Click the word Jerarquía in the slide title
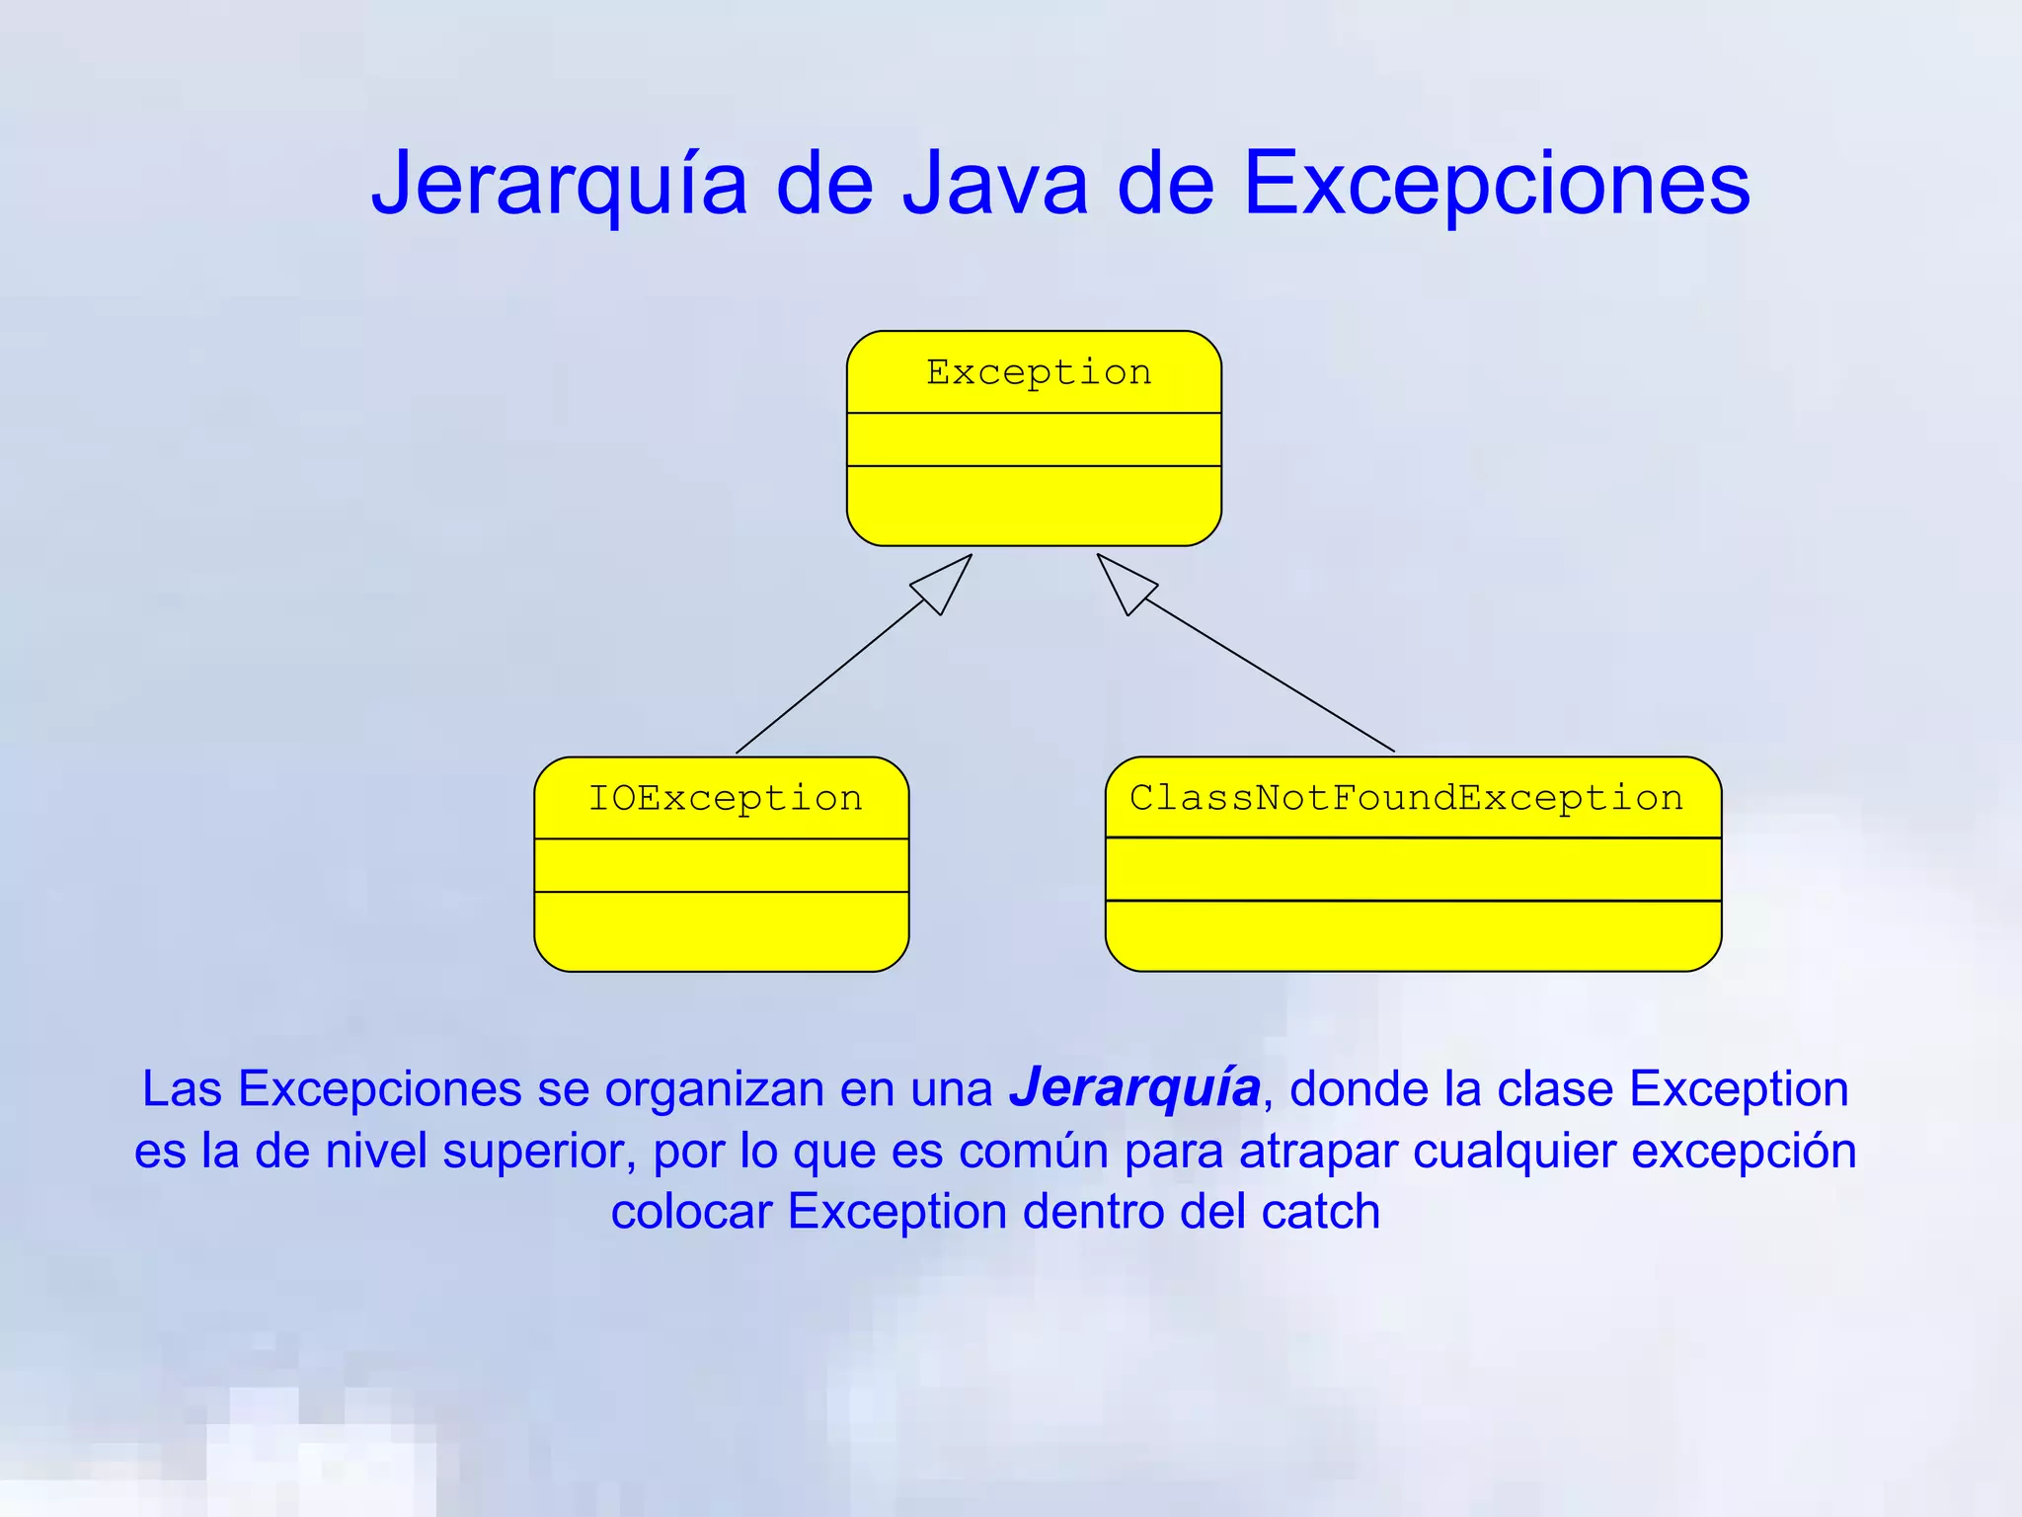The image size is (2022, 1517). coord(559,185)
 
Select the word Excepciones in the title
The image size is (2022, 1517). coord(1496,185)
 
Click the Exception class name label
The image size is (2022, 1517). coord(1039,372)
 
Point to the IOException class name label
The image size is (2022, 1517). coord(726,798)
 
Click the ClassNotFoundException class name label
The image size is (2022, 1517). coord(1406,798)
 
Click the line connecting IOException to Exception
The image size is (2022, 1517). coord(829,678)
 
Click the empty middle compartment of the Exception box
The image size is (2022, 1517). coord(1034,439)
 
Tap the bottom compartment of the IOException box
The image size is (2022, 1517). coord(721,930)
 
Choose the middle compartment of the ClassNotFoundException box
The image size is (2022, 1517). coord(1413,869)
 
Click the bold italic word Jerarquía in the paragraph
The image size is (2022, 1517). coord(1134,1088)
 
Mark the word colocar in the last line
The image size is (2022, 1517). coord(691,1212)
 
